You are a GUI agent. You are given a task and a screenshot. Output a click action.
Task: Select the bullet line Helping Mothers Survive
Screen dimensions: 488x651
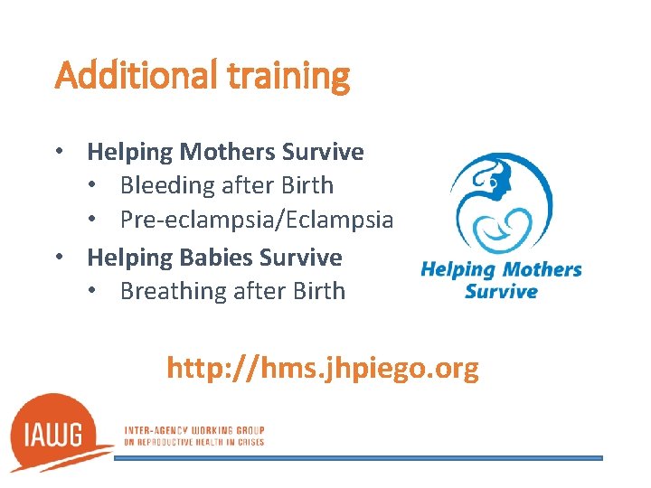click(225, 152)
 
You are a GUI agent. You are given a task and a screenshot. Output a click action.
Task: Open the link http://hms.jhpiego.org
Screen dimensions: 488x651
click(323, 369)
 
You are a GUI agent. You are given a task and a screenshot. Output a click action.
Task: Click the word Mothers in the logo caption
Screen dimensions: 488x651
click(542, 269)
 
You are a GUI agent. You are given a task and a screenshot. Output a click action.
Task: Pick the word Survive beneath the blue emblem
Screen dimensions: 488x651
click(501, 291)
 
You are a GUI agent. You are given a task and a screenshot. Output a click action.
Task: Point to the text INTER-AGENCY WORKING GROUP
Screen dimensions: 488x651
click(194, 430)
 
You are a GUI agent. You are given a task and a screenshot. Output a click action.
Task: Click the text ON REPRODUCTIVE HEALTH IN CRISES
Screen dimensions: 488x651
click(194, 441)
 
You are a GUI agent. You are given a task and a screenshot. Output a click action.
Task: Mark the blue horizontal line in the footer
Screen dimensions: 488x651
click(358, 458)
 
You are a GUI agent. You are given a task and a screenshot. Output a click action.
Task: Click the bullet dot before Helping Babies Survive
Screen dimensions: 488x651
click(60, 258)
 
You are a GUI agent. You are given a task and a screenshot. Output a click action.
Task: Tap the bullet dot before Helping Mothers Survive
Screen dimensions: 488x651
click(60, 152)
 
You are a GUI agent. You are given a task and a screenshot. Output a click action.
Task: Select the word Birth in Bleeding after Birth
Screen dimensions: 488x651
click(307, 186)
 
